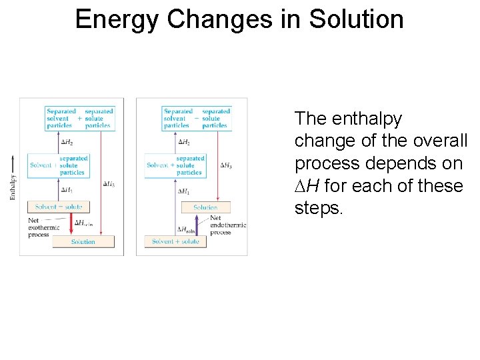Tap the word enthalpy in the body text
coord(369,119)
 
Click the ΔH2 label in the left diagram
coord(67,142)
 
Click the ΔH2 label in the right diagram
coord(183,142)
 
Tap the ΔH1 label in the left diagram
coord(67,190)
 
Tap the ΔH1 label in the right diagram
coord(183,191)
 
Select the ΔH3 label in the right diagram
coord(227,165)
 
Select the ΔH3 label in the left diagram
coord(110,183)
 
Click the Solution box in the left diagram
coord(83,241)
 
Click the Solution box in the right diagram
coord(205,207)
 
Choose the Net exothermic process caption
coord(43,227)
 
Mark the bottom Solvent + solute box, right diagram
coord(175,241)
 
